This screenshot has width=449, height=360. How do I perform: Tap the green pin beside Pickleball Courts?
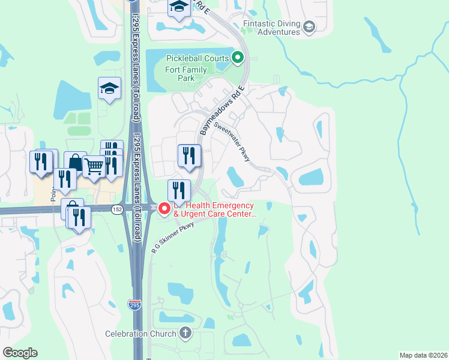(238, 58)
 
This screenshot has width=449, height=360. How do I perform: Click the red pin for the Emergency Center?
(163, 209)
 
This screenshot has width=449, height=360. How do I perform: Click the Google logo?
(20, 353)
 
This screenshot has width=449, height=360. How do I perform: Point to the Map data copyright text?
(423, 355)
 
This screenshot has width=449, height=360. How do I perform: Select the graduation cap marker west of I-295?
(109, 89)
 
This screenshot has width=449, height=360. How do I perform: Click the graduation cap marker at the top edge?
(178, 7)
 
